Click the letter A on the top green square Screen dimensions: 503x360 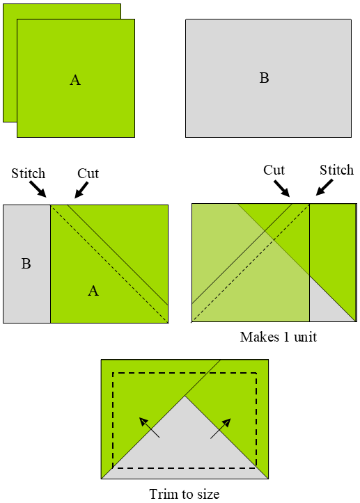(75, 80)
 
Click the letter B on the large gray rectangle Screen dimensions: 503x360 (264, 78)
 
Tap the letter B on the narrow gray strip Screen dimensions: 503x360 (26, 264)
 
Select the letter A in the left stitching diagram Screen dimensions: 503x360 (93, 291)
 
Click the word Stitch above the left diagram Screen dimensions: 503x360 (28, 173)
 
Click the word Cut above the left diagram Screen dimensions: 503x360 (88, 173)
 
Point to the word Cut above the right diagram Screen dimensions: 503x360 (274, 170)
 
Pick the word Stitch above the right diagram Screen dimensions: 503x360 (336, 170)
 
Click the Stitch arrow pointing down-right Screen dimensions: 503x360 (38, 190)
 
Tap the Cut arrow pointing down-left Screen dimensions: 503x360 (82, 189)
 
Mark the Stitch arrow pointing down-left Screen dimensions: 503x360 (324, 188)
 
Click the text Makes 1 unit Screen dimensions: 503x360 (279, 337)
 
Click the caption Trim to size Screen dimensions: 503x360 (185, 495)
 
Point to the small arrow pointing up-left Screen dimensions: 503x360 (150, 427)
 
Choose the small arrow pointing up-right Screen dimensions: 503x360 (221, 427)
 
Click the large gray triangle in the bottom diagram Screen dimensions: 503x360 (185, 445)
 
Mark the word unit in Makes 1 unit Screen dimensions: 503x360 (305, 337)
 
